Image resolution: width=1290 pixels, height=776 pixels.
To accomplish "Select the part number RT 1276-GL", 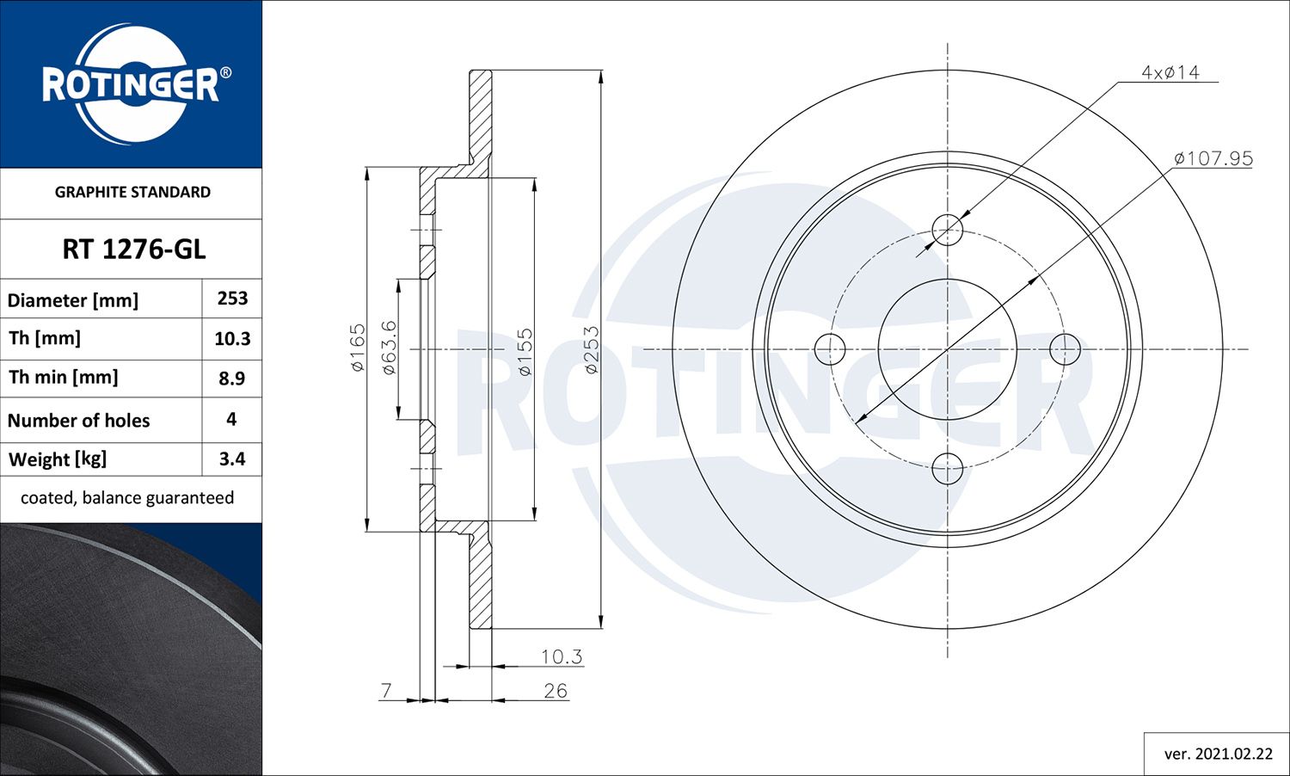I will [133, 249].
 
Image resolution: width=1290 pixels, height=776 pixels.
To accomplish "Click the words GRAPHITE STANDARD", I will [132, 192].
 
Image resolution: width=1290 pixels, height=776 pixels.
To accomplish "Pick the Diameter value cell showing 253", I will [232, 299].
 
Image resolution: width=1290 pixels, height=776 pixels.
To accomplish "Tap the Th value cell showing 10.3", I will [232, 339].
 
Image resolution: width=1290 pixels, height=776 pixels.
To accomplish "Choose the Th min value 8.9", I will [232, 379].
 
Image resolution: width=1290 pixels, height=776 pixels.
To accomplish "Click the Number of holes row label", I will [79, 421].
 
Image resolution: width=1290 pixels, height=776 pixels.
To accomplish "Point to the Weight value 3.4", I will [232, 459].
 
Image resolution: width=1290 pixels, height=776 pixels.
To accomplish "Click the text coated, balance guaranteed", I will [127, 498].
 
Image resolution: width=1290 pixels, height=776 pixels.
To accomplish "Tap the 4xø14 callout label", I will [1170, 73].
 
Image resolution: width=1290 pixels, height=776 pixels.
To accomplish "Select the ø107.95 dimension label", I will [1213, 159].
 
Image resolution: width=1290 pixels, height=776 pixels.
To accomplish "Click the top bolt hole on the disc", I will [948, 230].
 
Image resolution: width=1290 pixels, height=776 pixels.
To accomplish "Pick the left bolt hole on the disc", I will [830, 349].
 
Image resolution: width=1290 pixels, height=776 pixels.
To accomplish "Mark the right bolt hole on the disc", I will [1066, 349].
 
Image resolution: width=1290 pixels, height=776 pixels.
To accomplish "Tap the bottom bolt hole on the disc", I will [948, 469].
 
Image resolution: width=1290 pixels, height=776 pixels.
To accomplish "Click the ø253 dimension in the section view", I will [592, 349].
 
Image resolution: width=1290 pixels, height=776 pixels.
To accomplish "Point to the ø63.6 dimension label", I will [389, 347].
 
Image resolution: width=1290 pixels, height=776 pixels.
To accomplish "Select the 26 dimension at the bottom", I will [556, 691].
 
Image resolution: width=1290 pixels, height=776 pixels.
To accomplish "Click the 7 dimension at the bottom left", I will [387, 690].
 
